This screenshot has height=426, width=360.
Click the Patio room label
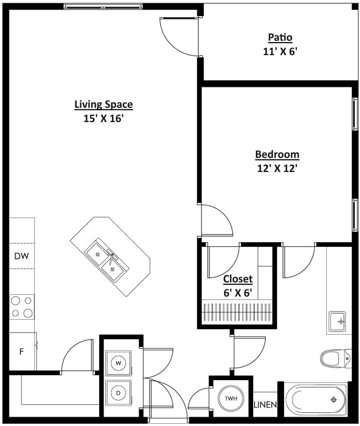280,38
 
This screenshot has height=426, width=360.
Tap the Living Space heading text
104,104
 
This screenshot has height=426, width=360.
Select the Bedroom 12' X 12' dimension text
277,168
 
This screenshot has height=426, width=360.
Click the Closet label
238,279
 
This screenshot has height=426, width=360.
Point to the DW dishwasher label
21,256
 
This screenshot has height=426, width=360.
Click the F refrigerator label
21,351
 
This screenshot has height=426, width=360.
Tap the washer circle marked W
119,363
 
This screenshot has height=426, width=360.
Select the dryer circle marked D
119,393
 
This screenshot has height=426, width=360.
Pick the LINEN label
265,405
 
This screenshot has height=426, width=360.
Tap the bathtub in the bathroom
316,399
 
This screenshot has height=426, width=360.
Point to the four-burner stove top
21,307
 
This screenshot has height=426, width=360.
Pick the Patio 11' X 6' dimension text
280,51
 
